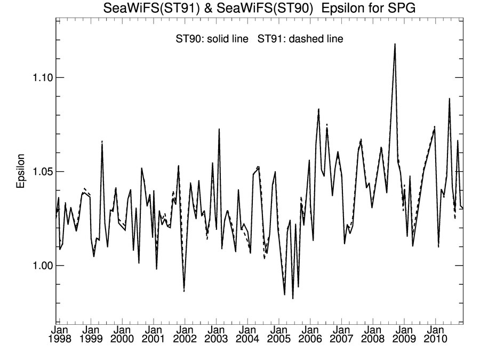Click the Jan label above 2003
click(216, 330)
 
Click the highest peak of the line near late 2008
click(395, 44)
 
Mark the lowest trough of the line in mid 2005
click(293, 298)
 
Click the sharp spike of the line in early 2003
click(219, 129)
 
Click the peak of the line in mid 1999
click(102, 142)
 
